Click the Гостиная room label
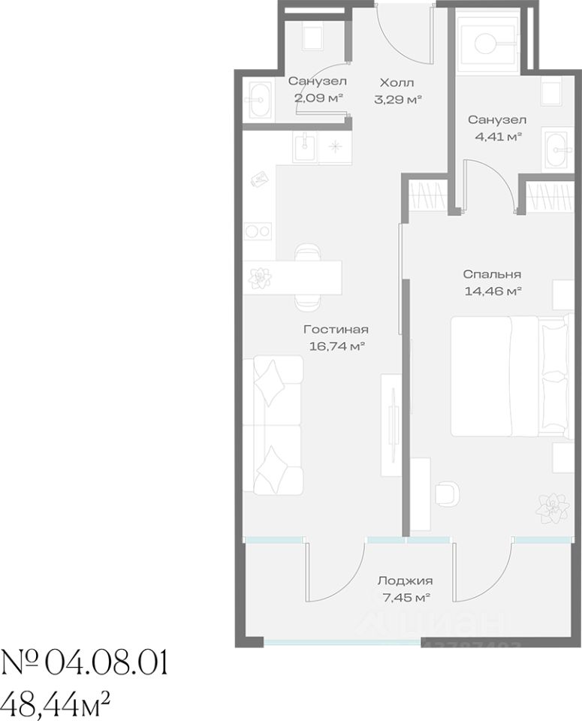pyautogui.click(x=336, y=330)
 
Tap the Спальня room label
pyautogui.click(x=492, y=275)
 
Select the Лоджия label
pyautogui.click(x=405, y=581)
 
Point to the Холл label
pyautogui.click(x=397, y=83)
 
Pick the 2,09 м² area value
pyautogui.click(x=319, y=98)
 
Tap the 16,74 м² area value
pyautogui.click(x=337, y=346)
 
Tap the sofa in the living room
pyautogui.click(x=273, y=425)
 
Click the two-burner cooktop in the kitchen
pyautogui.click(x=258, y=231)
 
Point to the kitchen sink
pyautogui.click(x=305, y=146)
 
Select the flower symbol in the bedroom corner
pyautogui.click(x=551, y=508)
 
